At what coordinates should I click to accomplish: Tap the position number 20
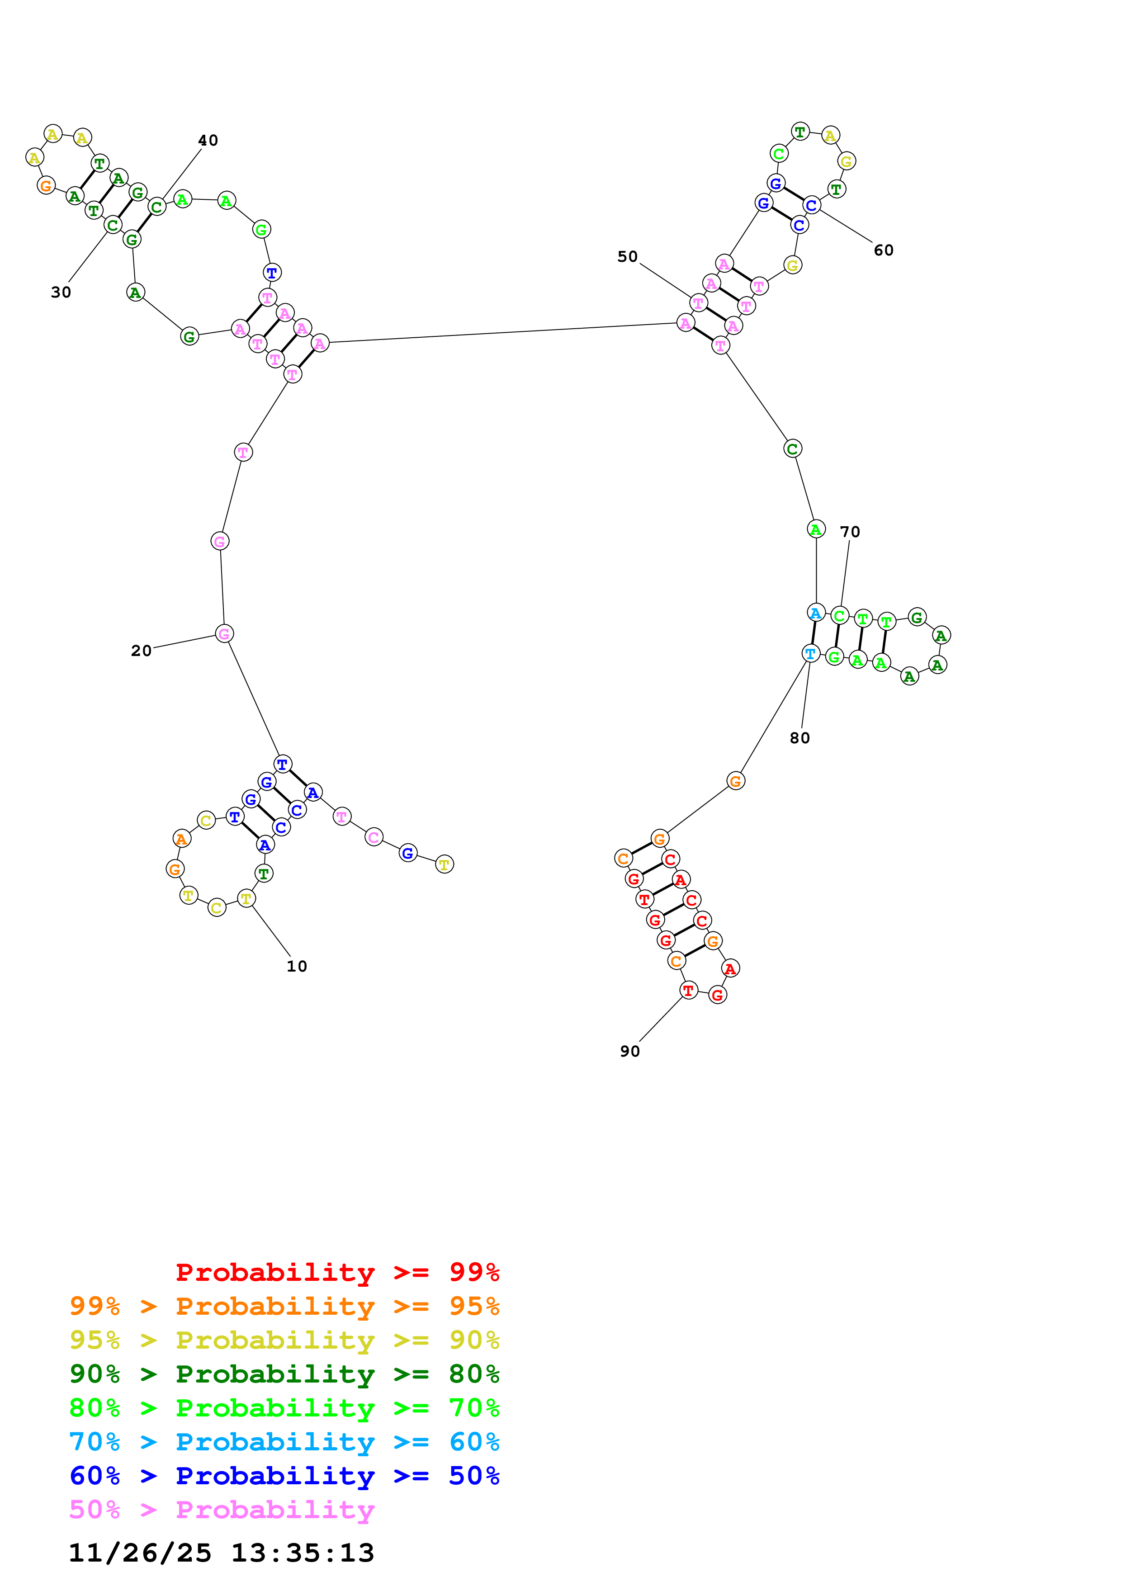point(141,650)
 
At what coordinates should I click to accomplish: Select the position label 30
point(61,292)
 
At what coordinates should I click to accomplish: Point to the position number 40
point(208,140)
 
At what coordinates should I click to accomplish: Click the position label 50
point(627,256)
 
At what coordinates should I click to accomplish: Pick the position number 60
point(884,250)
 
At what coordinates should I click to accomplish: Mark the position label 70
point(850,531)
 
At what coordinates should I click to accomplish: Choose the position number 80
point(800,738)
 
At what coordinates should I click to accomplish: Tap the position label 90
point(629,1051)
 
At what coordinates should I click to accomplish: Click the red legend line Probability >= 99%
point(337,1272)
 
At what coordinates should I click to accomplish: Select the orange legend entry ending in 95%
point(284,1306)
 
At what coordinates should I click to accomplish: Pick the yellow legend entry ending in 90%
point(284,1340)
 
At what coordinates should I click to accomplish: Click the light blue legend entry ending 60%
point(284,1442)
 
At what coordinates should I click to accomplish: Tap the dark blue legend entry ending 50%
point(284,1476)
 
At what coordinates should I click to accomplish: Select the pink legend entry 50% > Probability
point(222,1509)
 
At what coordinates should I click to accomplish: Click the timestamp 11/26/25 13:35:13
point(221,1553)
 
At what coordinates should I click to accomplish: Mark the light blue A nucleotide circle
point(816,612)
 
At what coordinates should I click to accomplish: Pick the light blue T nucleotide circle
point(810,653)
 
